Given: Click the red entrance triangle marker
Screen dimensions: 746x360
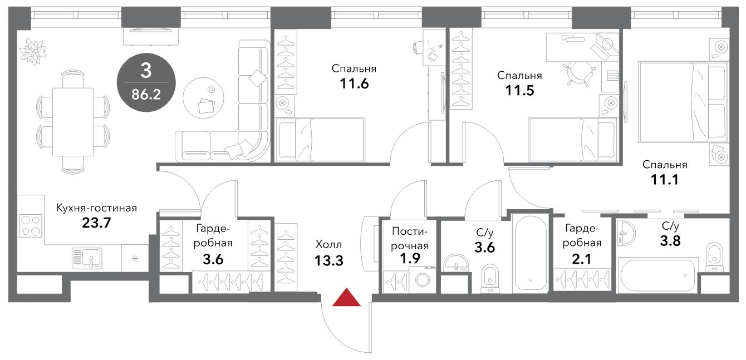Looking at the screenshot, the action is click(x=346, y=297).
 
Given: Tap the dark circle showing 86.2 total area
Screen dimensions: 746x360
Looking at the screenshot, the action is click(x=146, y=82).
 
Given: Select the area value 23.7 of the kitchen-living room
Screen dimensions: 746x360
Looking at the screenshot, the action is click(x=96, y=223).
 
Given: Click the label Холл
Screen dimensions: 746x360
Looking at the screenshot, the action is click(x=328, y=245).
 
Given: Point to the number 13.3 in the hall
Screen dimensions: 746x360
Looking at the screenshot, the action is click(x=328, y=260).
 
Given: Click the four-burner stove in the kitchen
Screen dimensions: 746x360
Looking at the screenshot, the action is click(x=31, y=225).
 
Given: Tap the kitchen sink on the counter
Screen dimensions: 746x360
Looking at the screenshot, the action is click(x=87, y=258).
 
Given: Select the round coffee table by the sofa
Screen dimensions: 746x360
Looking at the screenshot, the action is click(x=203, y=98).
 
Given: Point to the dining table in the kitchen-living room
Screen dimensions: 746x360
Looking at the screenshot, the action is click(x=73, y=122).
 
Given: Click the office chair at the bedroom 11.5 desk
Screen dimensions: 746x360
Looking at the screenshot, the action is click(x=580, y=73).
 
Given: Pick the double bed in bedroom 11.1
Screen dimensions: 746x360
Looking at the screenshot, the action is click(x=683, y=102).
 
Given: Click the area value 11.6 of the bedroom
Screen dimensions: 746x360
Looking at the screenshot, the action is click(x=354, y=83).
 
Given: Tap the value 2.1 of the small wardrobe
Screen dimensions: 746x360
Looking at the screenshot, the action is click(x=581, y=259).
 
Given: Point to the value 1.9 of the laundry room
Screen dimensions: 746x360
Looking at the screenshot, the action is click(x=410, y=258).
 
